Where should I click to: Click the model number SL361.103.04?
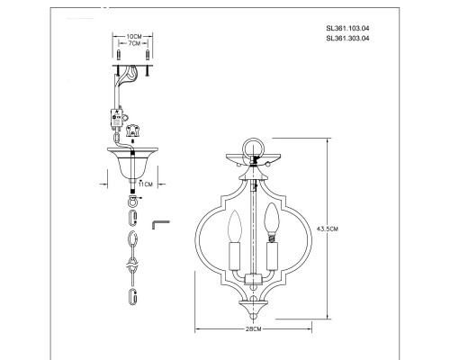coord(347,29)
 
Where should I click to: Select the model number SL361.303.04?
coord(347,39)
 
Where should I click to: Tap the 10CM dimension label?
coord(134,36)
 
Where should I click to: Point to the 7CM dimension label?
coord(134,43)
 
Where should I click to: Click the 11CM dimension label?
coord(146,184)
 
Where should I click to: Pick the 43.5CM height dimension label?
coord(328,229)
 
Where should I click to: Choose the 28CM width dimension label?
coord(254,328)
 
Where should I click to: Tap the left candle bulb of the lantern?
coord(234,226)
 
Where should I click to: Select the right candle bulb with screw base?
coord(272,222)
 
